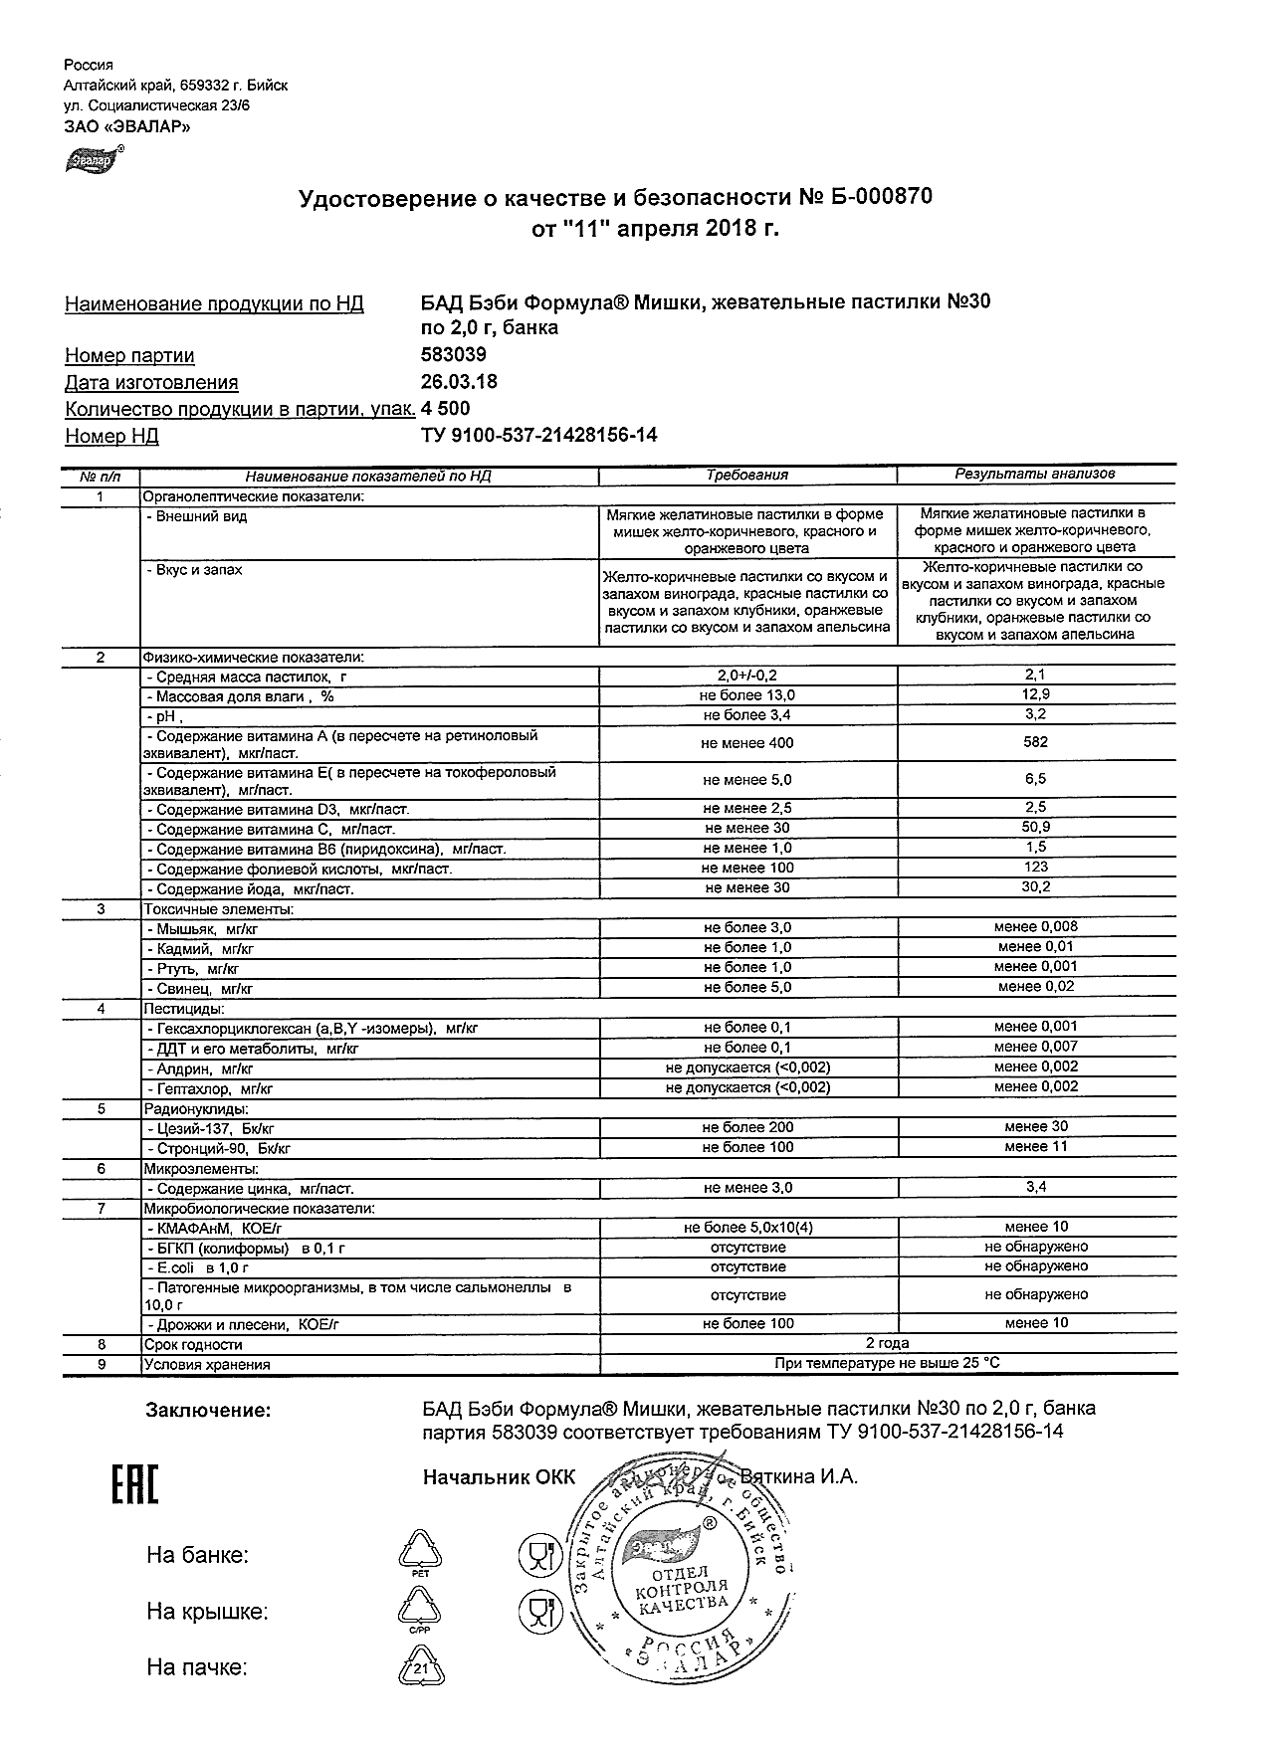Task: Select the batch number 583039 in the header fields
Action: coord(455,355)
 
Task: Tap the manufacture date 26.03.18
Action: coord(460,382)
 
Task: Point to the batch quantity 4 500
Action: coord(446,409)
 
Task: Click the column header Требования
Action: coord(747,476)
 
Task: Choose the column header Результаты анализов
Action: coord(1035,475)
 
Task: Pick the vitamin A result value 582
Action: coord(1035,742)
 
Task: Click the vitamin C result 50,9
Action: coord(1035,828)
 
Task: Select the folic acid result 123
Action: coord(1035,868)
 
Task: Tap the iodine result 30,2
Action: coord(1035,887)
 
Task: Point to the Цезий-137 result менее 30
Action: coord(1035,1127)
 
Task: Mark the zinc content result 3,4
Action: coord(1035,1187)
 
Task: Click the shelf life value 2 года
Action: coord(887,1344)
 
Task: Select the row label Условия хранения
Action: coord(207,1365)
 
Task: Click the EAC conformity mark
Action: coord(133,1486)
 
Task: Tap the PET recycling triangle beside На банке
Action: coord(419,1554)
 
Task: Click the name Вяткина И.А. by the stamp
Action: coord(799,1477)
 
